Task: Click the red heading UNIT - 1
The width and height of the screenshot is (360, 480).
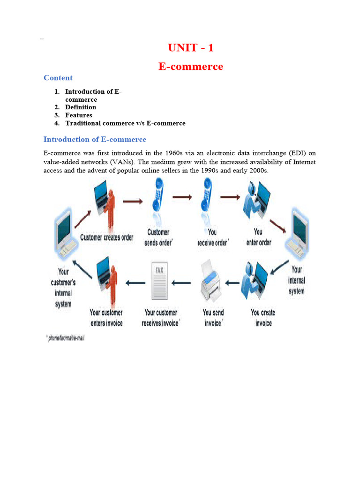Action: point(190,48)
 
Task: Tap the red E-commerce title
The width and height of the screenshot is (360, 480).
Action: point(190,67)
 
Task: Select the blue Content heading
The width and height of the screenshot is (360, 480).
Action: point(58,78)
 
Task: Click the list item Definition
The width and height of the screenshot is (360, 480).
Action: point(81,107)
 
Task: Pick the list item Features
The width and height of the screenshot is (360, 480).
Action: point(79,115)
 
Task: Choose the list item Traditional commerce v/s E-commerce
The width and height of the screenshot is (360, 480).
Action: point(125,123)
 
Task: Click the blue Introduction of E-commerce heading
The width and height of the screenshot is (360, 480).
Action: point(95,139)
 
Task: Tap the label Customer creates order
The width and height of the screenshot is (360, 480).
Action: point(107,238)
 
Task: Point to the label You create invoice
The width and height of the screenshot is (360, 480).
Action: point(263,318)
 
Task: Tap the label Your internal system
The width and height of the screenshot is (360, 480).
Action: point(296,280)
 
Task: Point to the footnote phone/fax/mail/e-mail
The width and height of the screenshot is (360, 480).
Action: point(66,338)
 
